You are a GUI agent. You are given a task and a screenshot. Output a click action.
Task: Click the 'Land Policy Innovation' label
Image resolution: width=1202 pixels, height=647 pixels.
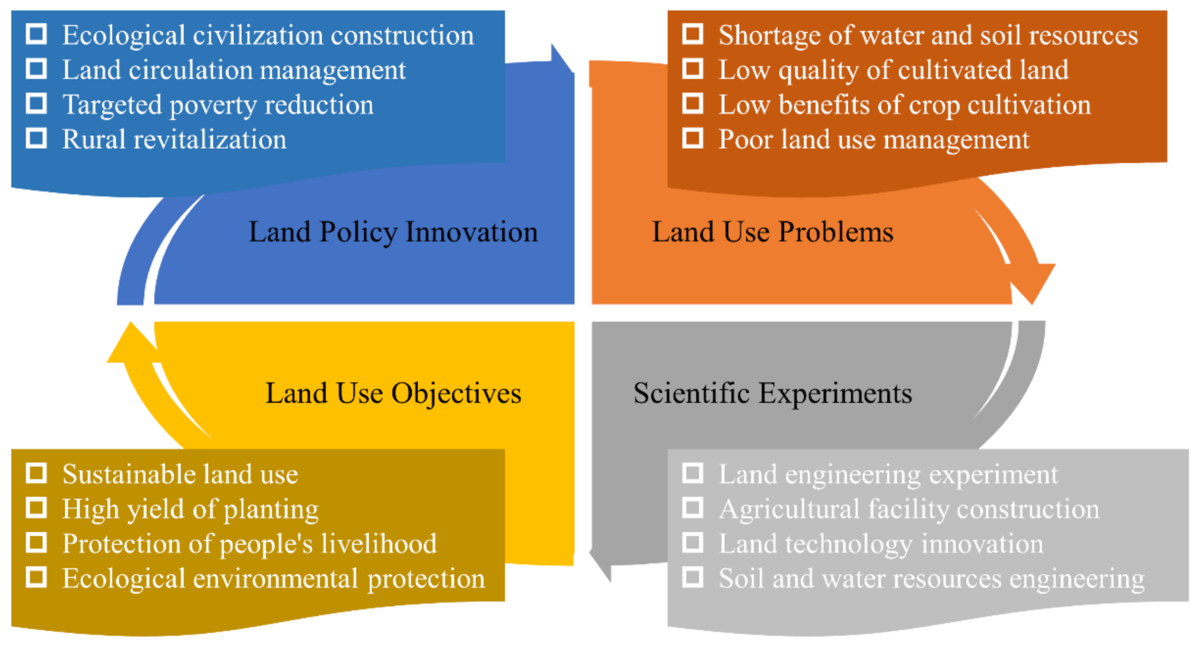tap(393, 233)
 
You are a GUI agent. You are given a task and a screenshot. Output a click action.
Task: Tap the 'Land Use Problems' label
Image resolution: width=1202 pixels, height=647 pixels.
tap(773, 232)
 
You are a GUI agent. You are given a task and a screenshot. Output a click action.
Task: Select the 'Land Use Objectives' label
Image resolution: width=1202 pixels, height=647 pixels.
tap(393, 394)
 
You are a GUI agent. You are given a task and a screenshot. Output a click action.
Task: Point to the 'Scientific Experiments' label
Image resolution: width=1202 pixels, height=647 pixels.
tap(773, 394)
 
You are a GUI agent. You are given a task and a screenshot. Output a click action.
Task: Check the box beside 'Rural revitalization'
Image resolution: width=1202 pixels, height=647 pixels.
tap(36, 138)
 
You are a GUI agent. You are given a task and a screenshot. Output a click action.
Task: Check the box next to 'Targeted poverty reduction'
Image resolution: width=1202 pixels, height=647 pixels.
tap(36, 103)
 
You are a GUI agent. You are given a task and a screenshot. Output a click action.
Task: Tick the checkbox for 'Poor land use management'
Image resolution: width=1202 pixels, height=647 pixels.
tap(693, 138)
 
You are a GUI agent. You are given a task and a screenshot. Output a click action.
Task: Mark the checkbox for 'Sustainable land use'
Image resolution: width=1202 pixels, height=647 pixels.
tap(36, 473)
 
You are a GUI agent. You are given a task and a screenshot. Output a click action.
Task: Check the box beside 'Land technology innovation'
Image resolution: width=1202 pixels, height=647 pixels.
tap(693, 543)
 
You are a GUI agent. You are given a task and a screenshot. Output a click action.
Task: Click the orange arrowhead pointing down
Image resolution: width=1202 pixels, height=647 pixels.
tap(1033, 282)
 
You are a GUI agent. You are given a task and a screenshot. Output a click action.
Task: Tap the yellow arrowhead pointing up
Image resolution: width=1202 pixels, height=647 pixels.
tap(131, 342)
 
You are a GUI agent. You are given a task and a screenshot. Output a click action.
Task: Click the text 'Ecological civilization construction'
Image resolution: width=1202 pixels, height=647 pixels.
tap(268, 36)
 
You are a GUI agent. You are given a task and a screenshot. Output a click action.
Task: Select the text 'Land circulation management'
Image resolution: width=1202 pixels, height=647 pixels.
tap(234, 71)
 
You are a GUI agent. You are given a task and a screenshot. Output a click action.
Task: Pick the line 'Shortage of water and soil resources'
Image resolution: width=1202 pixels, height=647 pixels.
tap(929, 36)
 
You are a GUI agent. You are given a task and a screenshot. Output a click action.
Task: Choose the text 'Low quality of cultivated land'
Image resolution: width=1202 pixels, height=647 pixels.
tap(894, 71)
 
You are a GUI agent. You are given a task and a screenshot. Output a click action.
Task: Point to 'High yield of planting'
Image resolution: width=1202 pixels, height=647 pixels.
tap(191, 510)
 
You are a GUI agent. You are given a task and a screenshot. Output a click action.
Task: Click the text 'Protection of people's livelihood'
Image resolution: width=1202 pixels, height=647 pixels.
tap(250, 544)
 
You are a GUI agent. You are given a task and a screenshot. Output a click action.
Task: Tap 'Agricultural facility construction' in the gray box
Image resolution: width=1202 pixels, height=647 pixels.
tap(909, 510)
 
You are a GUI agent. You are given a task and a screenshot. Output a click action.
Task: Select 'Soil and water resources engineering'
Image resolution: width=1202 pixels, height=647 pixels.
tap(932, 579)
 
